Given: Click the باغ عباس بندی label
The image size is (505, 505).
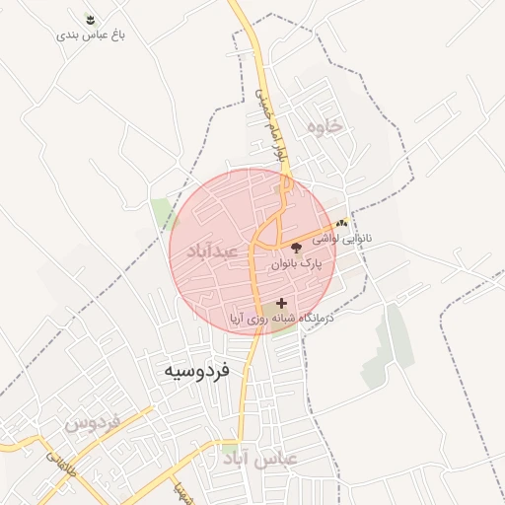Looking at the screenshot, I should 98,35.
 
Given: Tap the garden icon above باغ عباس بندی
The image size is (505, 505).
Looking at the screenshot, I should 91,19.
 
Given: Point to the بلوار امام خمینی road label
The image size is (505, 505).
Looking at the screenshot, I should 267,124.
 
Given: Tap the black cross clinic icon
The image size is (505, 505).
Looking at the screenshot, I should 282,303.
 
